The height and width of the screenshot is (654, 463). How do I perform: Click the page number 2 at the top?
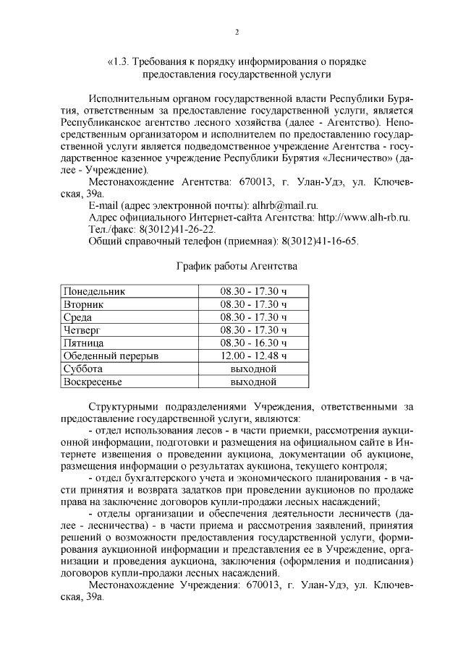[236, 32]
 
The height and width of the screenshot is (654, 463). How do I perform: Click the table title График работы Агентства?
[237, 266]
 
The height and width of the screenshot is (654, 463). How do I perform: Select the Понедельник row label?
[95, 292]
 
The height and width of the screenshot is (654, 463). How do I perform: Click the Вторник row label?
[84, 304]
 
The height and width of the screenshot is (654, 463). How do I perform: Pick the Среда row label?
[78, 317]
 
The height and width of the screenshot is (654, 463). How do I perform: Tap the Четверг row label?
[82, 330]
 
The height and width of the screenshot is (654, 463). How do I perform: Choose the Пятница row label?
[84, 343]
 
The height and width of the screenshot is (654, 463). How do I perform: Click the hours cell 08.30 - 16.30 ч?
[253, 343]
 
